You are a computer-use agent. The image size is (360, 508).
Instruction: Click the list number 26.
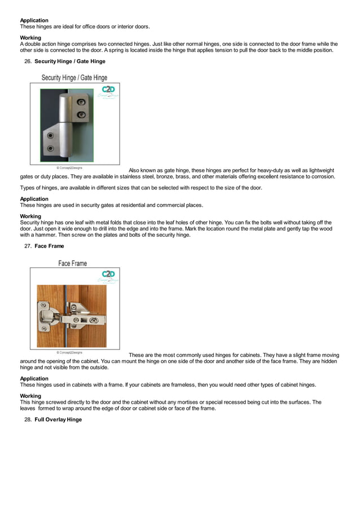coord(27,61)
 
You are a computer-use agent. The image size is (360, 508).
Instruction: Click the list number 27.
coord(27,246)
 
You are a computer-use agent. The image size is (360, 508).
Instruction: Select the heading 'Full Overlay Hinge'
coord(58,419)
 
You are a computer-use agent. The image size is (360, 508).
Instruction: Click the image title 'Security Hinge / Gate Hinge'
coord(74,78)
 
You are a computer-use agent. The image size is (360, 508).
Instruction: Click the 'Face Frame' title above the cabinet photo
coord(72,263)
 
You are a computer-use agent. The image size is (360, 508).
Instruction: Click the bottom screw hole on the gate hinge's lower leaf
coord(50,148)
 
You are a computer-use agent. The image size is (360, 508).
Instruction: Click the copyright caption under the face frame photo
coord(69,352)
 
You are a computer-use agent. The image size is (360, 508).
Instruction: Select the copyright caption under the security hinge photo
coord(69,167)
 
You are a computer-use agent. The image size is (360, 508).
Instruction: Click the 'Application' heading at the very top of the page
coord(34,20)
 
